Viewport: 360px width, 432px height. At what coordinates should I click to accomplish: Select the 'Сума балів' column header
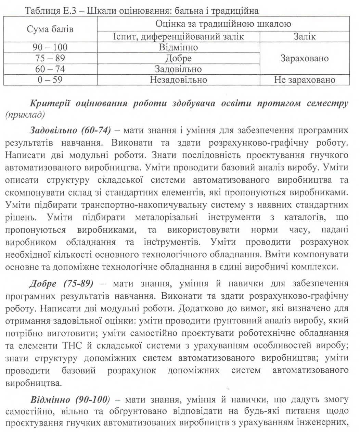(x=50, y=29)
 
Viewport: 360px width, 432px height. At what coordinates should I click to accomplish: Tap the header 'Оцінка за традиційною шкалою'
(x=223, y=24)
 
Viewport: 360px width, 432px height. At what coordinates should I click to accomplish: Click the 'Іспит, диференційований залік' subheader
(x=178, y=37)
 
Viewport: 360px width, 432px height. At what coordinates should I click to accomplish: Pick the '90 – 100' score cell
(x=50, y=47)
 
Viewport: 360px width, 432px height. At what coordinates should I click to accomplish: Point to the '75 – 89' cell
(x=50, y=58)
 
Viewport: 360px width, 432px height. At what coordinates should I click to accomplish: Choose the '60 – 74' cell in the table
(x=50, y=69)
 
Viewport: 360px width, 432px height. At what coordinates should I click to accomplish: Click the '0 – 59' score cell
(x=50, y=80)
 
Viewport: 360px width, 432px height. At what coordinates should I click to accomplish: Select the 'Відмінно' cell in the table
(x=178, y=47)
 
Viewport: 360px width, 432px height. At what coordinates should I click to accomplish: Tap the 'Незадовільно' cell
(x=178, y=80)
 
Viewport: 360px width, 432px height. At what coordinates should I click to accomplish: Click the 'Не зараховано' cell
(x=305, y=80)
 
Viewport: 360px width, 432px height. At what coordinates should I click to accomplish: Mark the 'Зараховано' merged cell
(x=305, y=58)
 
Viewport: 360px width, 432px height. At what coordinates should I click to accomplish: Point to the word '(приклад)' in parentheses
(x=25, y=114)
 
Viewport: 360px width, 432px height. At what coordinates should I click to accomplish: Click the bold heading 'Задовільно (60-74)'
(x=70, y=131)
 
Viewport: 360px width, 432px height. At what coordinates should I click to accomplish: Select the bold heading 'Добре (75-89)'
(x=62, y=284)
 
